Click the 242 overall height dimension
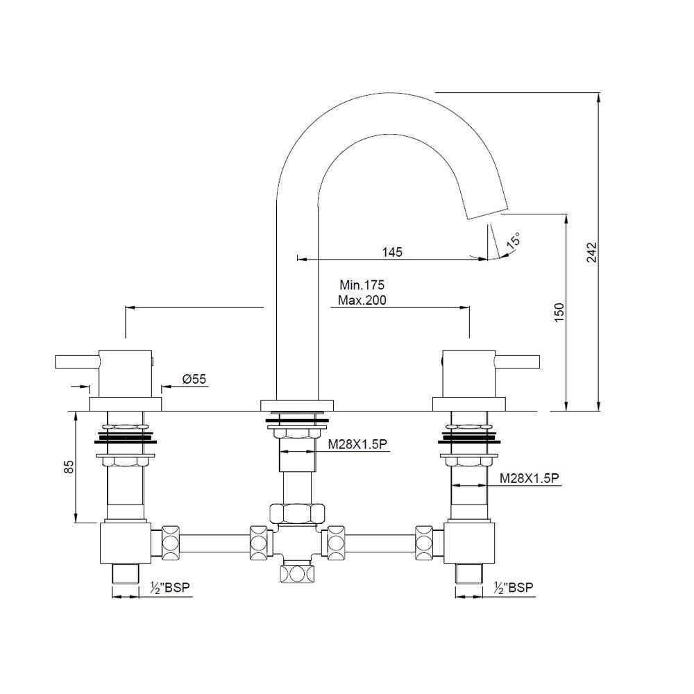(591, 252)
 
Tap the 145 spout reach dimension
(392, 252)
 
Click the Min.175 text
(362, 285)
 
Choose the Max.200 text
(362, 301)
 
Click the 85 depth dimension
(68, 467)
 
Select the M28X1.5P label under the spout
(358, 444)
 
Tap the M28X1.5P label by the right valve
(530, 479)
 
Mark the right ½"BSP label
(514, 588)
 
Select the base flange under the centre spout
(296, 405)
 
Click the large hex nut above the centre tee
(296, 514)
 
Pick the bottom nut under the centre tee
(296, 574)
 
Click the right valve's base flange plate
(468, 404)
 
